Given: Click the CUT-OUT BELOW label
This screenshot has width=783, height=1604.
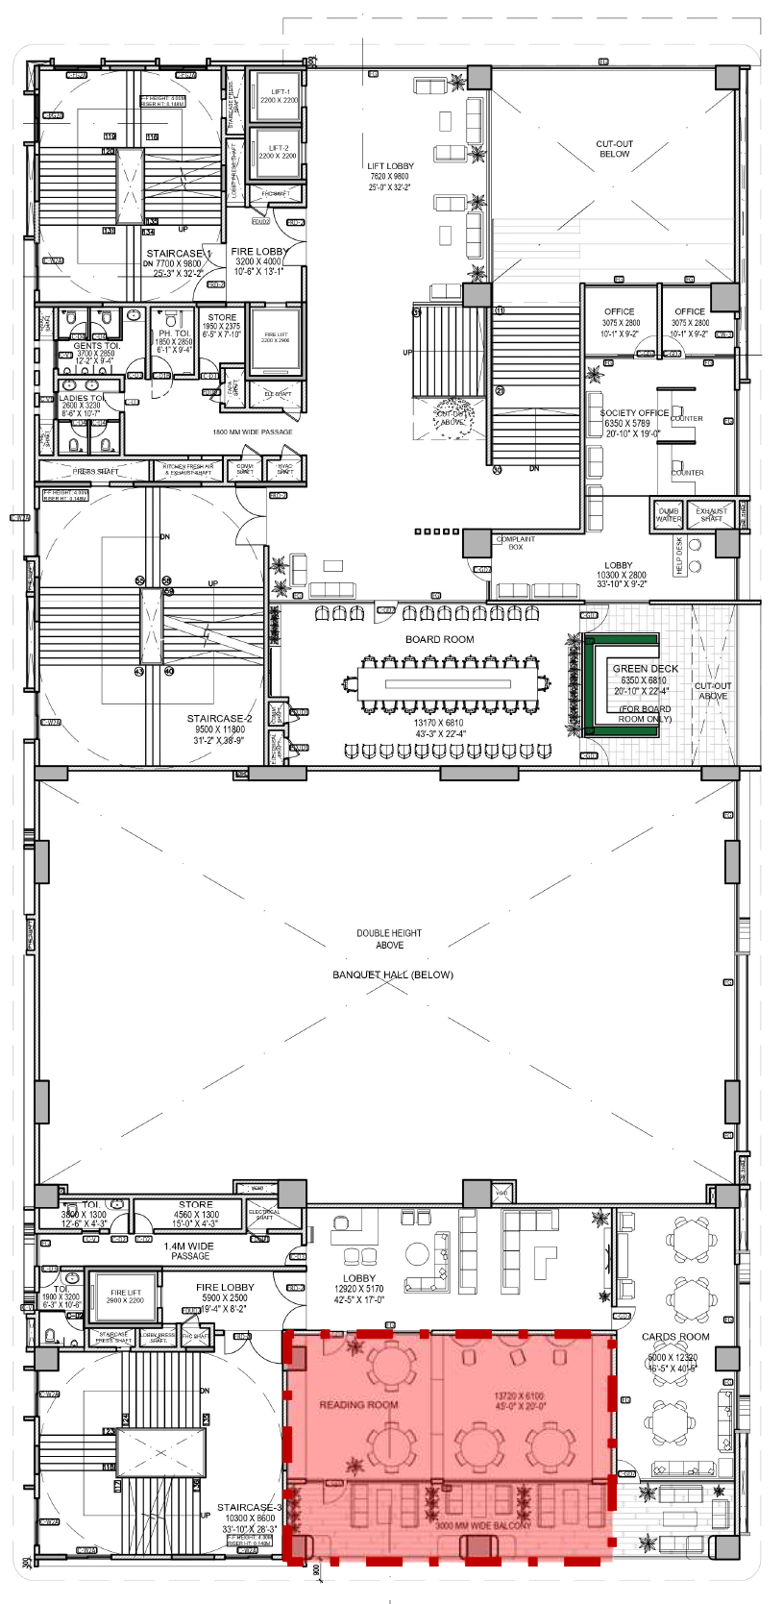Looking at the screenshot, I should click(615, 149).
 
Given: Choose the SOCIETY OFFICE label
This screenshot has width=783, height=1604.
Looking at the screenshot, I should click(634, 413).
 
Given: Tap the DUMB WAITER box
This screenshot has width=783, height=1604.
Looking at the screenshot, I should click(669, 515).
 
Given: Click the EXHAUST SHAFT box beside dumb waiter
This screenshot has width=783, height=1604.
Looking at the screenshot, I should click(712, 515).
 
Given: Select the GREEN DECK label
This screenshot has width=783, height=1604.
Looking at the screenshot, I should click(646, 668).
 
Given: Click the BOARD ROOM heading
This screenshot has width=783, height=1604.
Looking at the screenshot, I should click(439, 639).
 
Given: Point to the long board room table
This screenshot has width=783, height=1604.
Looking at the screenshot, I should click(448, 684).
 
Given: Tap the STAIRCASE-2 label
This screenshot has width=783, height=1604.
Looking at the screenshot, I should click(219, 719).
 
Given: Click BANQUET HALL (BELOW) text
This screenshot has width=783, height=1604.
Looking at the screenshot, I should click(392, 975).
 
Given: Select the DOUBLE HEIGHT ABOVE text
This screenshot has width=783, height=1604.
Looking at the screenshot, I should click(389, 939).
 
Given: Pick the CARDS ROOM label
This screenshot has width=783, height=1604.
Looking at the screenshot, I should click(675, 1337).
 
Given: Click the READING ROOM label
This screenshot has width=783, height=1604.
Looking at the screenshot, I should click(358, 1404).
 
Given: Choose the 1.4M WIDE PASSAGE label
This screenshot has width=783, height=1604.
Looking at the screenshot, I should click(189, 1250).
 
